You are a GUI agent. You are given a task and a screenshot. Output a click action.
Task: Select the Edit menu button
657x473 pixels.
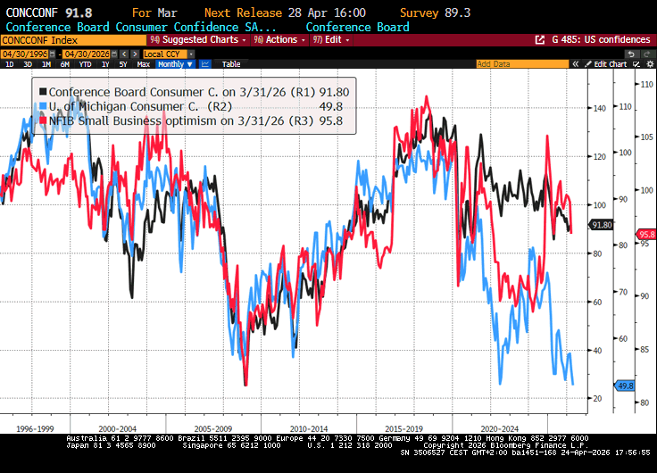click(332, 40)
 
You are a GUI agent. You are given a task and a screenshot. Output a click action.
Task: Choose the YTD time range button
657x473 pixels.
click(85, 64)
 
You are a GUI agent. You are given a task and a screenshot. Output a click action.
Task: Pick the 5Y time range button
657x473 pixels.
click(122, 64)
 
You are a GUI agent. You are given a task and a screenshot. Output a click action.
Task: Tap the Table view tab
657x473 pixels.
click(231, 64)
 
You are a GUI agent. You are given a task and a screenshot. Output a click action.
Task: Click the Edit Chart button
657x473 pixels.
click(611, 64)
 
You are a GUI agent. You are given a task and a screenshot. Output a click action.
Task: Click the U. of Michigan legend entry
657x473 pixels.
click(134, 106)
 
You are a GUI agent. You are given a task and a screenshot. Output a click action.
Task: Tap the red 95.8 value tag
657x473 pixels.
click(645, 234)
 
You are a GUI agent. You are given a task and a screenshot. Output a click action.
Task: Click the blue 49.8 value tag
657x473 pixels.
click(625, 385)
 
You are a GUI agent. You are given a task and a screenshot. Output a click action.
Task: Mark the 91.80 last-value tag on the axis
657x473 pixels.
click(602, 225)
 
